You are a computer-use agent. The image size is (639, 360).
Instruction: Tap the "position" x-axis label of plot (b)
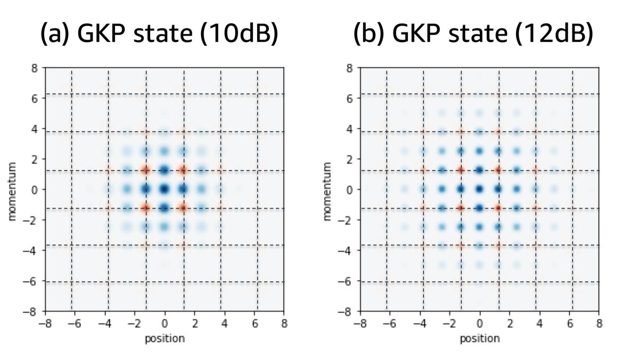(x=480, y=338)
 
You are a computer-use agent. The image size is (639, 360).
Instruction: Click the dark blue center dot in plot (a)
(x=165, y=189)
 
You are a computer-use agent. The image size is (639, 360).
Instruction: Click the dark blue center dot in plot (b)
(x=480, y=189)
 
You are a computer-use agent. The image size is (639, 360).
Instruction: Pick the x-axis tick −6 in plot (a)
(x=73, y=323)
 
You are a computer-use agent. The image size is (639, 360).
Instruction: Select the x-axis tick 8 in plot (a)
(x=284, y=323)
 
